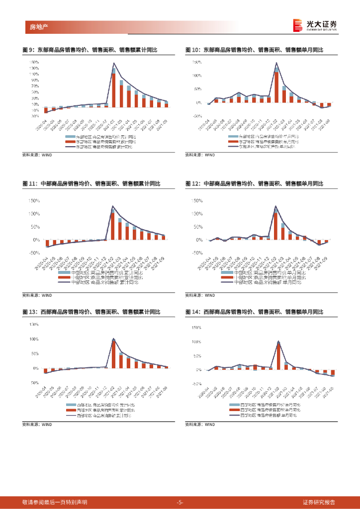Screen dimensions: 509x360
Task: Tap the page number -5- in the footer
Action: pyautogui.click(x=180, y=502)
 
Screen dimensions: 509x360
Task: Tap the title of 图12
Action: pyautogui.click(x=254, y=184)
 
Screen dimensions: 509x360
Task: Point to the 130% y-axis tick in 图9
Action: pyautogui.click(x=34, y=68)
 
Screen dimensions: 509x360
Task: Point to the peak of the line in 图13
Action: pyautogui.click(x=113, y=339)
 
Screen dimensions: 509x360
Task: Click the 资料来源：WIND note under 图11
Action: pyautogui.click(x=37, y=295)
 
